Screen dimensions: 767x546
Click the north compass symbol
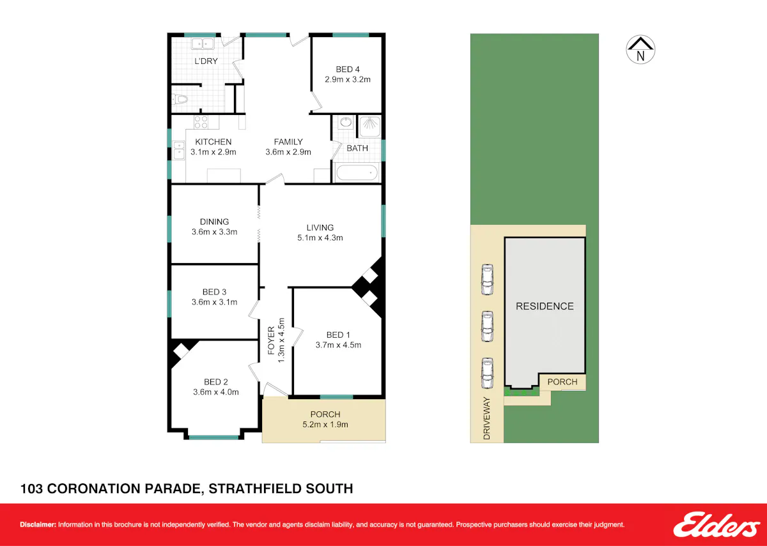[x=640, y=49]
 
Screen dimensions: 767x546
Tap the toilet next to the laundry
[x=180, y=100]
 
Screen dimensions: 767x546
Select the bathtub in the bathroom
[x=357, y=173]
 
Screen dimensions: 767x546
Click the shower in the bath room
[x=369, y=126]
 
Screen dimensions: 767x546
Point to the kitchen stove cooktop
[x=201, y=122]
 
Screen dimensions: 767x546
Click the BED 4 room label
[x=348, y=70]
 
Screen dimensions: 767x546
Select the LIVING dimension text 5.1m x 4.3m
[x=320, y=238]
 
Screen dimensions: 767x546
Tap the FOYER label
[x=271, y=340]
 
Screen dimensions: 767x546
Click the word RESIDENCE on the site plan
[x=545, y=306]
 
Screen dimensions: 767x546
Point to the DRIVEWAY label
[x=486, y=418]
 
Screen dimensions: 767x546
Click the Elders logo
[x=717, y=524]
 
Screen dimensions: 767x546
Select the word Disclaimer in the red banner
[x=38, y=524]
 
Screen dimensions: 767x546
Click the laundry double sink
[x=203, y=44]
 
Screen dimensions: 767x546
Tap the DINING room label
[x=214, y=222]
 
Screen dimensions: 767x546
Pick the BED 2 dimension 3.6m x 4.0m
[x=216, y=392]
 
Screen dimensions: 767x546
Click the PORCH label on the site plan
[x=562, y=382]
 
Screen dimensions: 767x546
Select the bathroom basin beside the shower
[x=346, y=123]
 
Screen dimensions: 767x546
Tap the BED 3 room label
[x=214, y=292]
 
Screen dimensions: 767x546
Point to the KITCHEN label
[x=213, y=142]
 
